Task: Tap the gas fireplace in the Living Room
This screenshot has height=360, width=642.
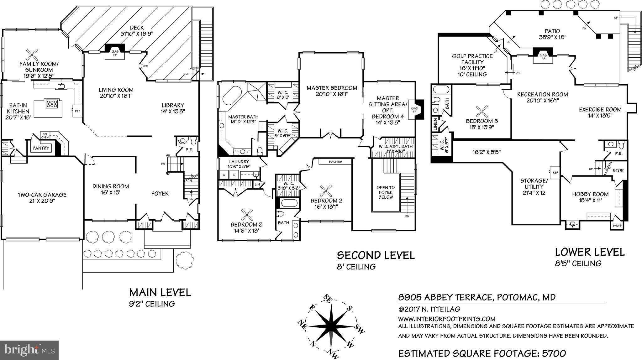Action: [x=115, y=51]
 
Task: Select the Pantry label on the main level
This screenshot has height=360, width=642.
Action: [x=41, y=148]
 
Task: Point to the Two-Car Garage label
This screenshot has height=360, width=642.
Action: [x=42, y=195]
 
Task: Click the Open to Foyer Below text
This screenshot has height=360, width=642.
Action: [x=386, y=192]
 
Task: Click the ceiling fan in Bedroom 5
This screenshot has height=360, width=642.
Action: [x=482, y=111]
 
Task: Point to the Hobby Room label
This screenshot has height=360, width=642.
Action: [x=590, y=194]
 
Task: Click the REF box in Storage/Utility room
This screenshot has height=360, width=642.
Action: [x=555, y=173]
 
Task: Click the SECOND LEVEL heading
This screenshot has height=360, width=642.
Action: [x=376, y=255]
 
